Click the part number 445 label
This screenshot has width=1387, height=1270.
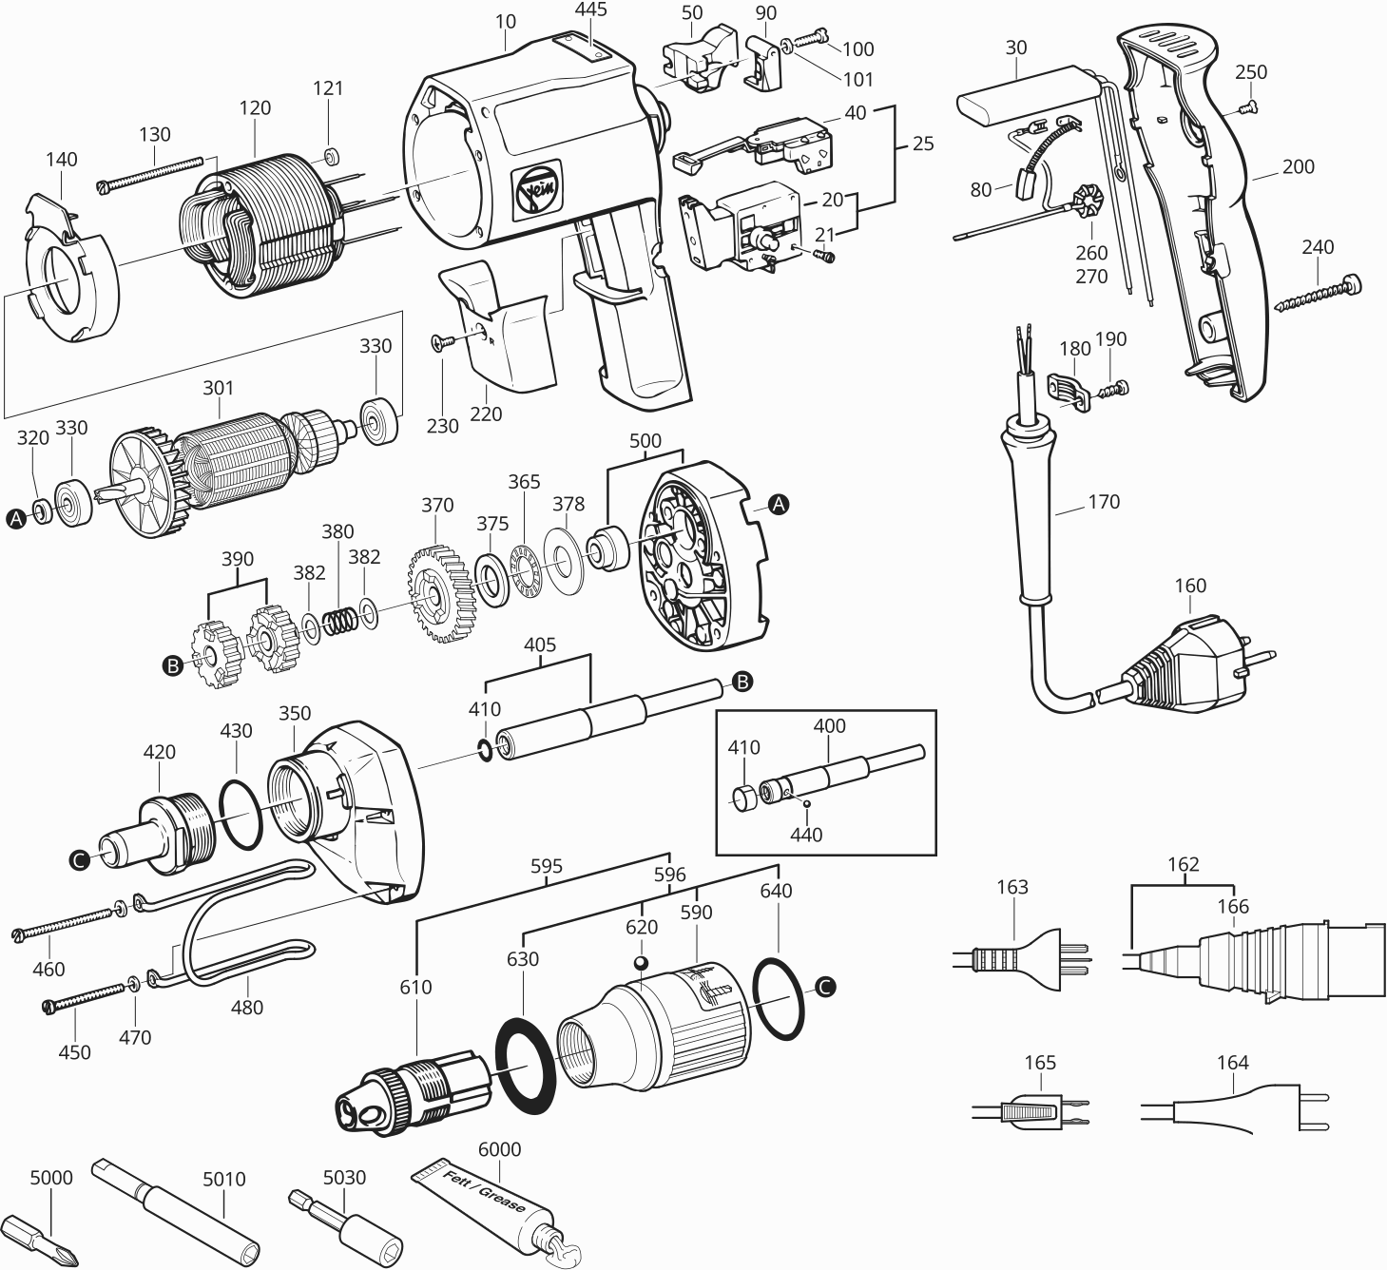[590, 10]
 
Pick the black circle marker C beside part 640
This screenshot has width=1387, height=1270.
[825, 988]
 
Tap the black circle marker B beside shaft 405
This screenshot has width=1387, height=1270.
[742, 681]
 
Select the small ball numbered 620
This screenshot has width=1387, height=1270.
[642, 964]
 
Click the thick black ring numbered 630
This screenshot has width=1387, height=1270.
[525, 1065]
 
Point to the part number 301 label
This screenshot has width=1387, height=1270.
[218, 388]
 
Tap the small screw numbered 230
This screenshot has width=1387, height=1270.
[439, 342]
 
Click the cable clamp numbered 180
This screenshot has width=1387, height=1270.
[1069, 389]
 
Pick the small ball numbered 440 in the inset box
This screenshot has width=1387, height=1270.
[807, 804]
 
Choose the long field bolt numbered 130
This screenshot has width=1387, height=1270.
[152, 173]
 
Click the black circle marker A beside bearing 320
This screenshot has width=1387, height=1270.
[15, 518]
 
